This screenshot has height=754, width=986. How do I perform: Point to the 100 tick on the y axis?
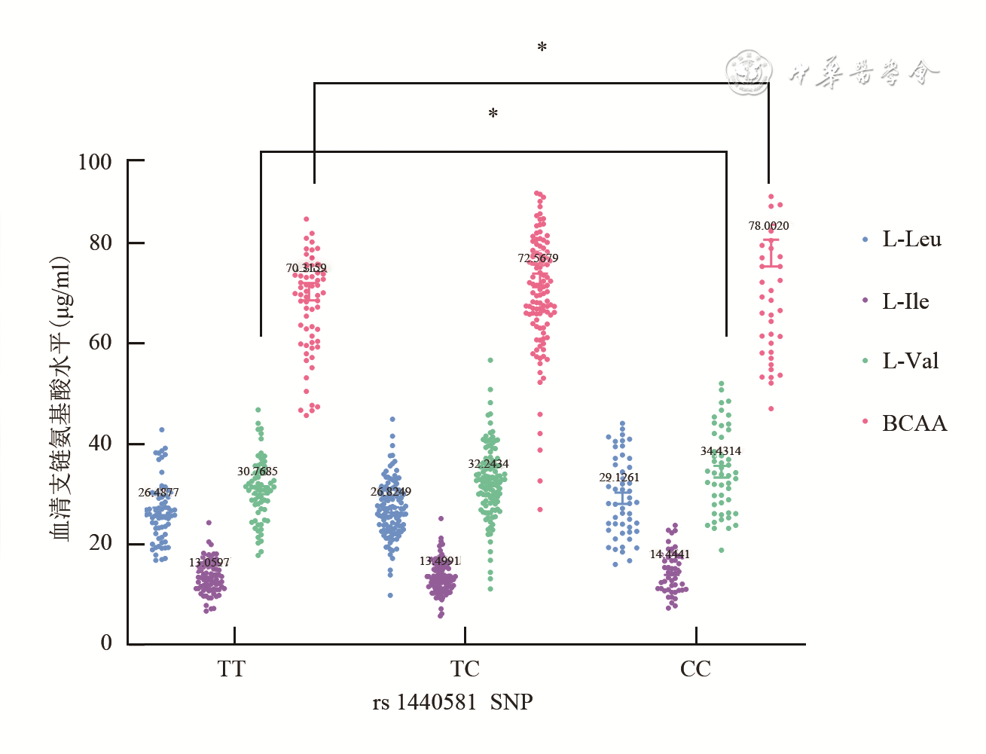95,161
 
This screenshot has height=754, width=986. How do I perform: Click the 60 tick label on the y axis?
100,342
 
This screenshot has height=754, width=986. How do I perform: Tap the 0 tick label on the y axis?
106,643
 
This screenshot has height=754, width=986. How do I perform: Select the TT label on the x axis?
231,669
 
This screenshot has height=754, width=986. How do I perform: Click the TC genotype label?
465,669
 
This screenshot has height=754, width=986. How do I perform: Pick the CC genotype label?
694,669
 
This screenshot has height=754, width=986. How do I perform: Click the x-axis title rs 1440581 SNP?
453,702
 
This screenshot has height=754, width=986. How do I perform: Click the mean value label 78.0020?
768,226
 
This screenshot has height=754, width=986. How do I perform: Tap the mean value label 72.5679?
538,258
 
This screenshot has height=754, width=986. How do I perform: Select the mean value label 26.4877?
158,493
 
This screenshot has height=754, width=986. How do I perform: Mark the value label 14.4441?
670,554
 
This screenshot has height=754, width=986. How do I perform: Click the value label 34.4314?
721,451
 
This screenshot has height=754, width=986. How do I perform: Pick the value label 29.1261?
619,478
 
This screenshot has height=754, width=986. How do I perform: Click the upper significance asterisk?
542,48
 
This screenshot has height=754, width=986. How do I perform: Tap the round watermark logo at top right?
749,73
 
